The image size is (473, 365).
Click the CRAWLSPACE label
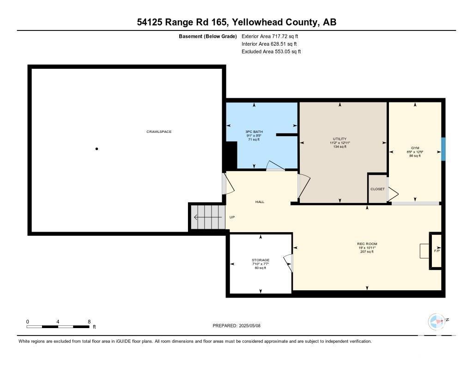(159, 132)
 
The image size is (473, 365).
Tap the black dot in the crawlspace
(97, 149)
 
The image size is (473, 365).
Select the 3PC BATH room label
(254, 132)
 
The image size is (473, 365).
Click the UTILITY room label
(340, 139)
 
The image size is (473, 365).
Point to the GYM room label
(414, 148)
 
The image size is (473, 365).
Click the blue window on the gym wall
(443, 149)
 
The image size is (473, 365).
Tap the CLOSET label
(377, 189)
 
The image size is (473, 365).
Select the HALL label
(260, 202)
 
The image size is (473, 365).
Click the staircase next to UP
(208, 217)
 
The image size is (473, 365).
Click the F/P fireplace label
(437, 251)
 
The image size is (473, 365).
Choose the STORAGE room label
(261, 260)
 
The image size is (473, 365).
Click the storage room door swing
(288, 263)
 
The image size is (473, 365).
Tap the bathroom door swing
(277, 167)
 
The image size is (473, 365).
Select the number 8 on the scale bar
(89, 322)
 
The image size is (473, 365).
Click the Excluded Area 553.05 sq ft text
(271, 52)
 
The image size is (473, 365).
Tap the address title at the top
(236, 22)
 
